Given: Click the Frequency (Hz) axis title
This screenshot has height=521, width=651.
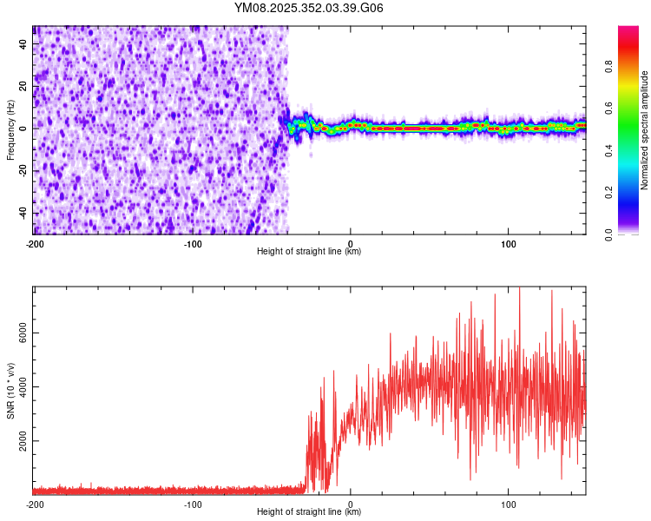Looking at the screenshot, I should coord(10,130).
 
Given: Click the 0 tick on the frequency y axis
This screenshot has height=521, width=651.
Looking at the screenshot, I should coord(24,129).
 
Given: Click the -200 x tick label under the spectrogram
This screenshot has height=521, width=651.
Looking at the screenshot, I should coord(35,243).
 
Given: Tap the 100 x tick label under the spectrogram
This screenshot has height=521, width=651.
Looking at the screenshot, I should coord(509,243).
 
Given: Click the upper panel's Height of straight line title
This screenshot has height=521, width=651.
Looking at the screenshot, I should coord(309,252).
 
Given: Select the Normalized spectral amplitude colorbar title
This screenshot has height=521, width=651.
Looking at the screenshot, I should coord(645,130).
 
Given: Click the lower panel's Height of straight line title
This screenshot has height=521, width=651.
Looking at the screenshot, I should coord(309,513).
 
